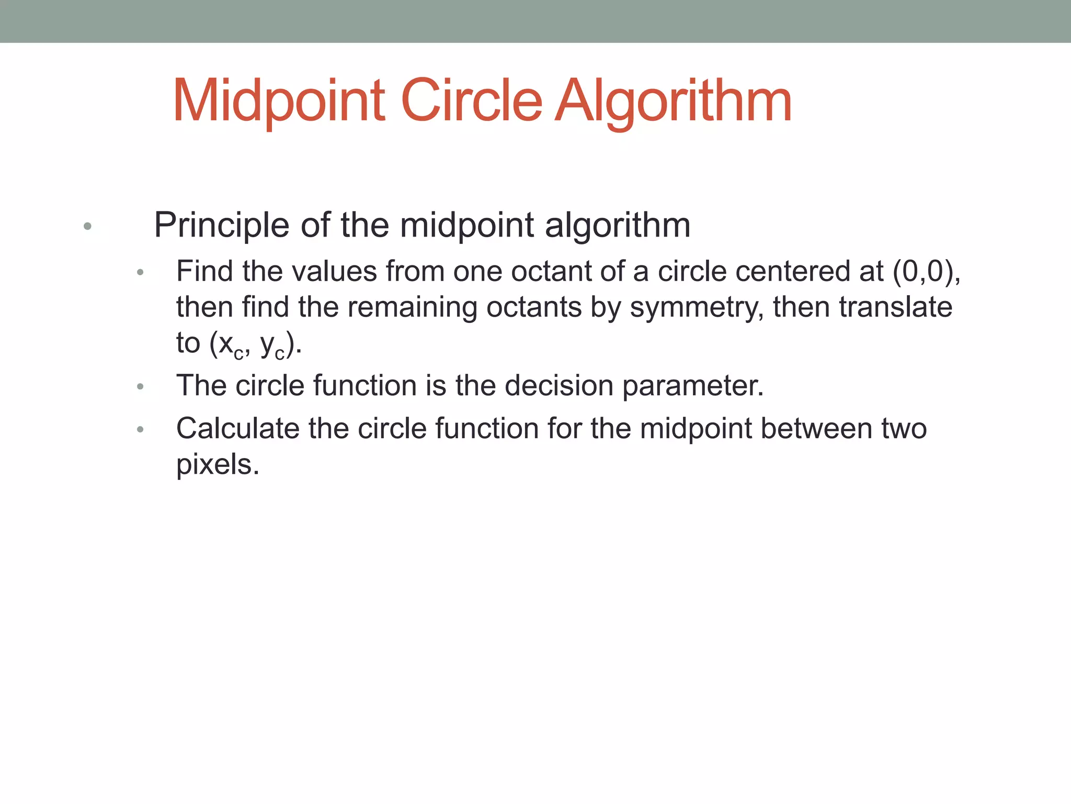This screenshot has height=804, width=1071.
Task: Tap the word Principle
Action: (x=221, y=226)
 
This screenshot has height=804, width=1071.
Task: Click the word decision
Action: (x=559, y=386)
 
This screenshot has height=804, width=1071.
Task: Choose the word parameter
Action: (x=693, y=386)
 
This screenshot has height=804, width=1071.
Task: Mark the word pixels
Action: (x=217, y=464)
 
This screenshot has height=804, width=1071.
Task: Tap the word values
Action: (x=334, y=272)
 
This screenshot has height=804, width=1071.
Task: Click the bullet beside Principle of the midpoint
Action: (x=87, y=227)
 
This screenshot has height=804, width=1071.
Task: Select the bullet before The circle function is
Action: (x=140, y=387)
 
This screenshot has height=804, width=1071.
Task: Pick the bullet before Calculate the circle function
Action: (x=140, y=430)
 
